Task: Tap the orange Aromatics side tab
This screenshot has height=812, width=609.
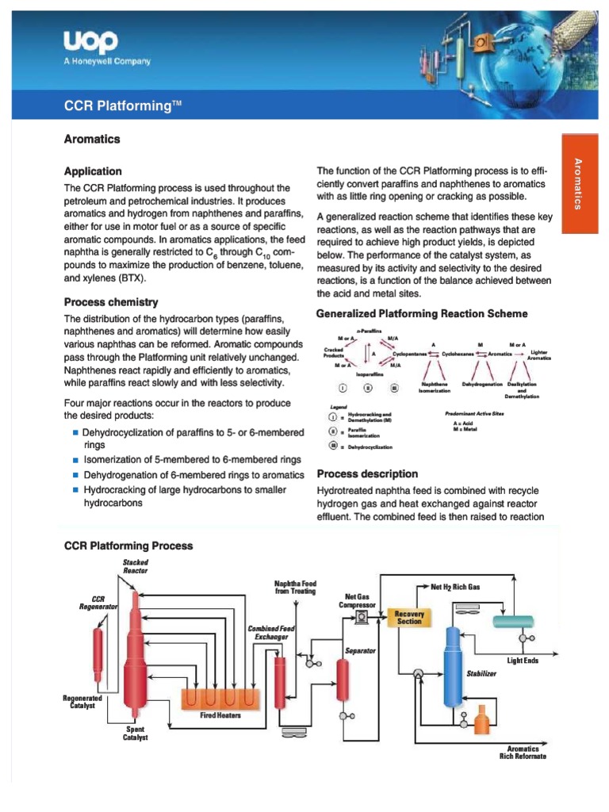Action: pos(578,184)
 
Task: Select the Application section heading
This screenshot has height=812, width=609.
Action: pos(93,171)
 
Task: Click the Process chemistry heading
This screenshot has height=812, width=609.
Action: pos(110,302)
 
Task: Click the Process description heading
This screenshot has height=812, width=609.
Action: pos(367,473)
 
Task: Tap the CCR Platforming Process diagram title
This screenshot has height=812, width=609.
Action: pos(128,546)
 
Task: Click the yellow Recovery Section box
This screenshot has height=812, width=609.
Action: pos(410,617)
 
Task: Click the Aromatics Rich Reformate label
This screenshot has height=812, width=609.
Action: pos(523,752)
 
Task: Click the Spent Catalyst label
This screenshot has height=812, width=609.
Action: pos(135,733)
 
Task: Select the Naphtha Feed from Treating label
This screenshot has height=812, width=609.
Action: pos(295,586)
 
